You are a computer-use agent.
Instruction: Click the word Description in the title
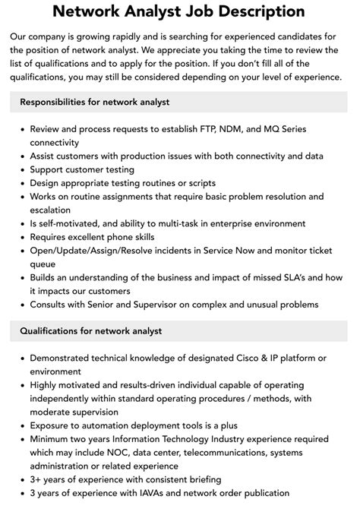(x=251, y=12)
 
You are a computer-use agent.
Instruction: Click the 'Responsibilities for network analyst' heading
(x=94, y=102)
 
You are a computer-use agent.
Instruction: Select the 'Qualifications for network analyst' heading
(x=90, y=331)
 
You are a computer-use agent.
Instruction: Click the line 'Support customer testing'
(x=82, y=169)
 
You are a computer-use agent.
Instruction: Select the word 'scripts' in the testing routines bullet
(x=200, y=183)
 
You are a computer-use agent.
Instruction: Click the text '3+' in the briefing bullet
(x=36, y=479)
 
